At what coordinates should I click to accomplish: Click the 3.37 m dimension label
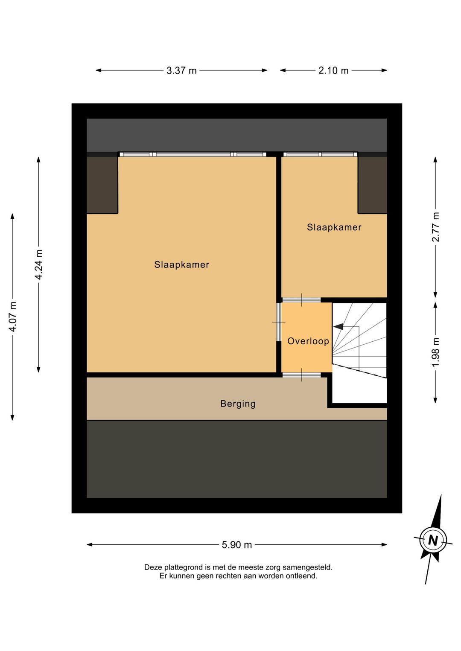[x=181, y=70]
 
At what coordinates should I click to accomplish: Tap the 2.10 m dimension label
[x=333, y=70]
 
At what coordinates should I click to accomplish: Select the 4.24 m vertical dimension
[x=39, y=264]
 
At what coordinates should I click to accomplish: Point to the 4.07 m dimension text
[x=12, y=317]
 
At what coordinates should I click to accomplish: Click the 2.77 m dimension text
[x=435, y=227]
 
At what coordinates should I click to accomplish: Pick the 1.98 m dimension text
[x=435, y=352]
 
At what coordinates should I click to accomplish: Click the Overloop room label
[x=308, y=341]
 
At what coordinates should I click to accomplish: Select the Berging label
[x=238, y=404]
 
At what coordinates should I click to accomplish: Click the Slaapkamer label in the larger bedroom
[x=182, y=264]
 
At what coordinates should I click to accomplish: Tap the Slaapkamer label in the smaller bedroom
[x=334, y=227]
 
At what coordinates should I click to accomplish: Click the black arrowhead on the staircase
[x=338, y=327]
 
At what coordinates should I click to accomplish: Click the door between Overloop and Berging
[x=302, y=375]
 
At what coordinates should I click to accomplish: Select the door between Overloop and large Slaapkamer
[x=279, y=322]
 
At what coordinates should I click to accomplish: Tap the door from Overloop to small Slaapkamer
[x=302, y=300]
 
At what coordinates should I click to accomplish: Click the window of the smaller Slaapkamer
[x=320, y=154]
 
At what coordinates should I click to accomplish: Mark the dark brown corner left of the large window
[x=102, y=185]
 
